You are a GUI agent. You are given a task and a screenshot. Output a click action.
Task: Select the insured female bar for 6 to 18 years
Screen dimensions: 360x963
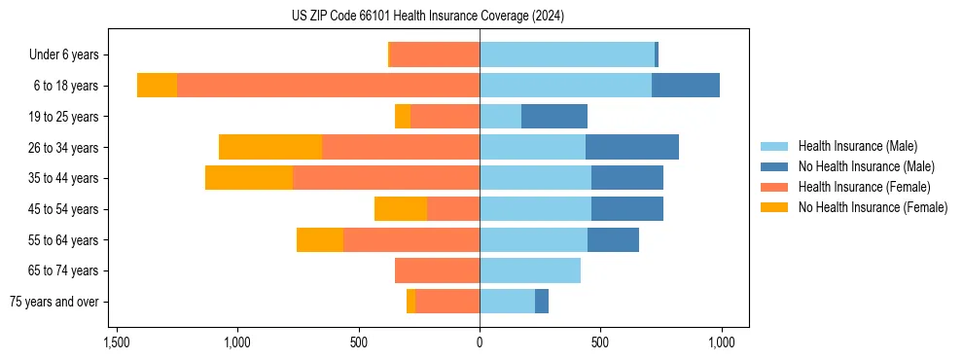coord(328,86)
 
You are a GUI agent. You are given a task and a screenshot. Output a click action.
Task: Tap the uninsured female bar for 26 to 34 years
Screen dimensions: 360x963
coord(270,147)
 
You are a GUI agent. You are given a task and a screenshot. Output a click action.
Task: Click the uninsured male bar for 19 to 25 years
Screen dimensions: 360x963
coord(554,117)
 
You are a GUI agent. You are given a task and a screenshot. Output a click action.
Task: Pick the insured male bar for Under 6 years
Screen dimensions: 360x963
coord(567,54)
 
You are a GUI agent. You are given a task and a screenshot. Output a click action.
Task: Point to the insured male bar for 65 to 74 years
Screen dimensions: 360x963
coord(530,270)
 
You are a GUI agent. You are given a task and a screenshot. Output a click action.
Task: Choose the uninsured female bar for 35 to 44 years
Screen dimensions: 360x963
coord(249,178)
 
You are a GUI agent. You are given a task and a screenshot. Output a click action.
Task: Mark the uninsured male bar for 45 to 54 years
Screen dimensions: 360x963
coord(627,209)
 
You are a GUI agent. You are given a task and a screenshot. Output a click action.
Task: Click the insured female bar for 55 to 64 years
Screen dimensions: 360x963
coord(411,239)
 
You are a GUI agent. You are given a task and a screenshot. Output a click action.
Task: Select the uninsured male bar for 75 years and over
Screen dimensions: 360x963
coord(542,302)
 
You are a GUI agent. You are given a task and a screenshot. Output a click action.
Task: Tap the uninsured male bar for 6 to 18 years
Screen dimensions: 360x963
coord(686,86)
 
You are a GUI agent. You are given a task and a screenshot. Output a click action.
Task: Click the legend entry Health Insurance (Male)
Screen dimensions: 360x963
coord(857,146)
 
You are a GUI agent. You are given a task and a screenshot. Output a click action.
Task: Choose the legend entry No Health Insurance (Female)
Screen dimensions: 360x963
coord(873,207)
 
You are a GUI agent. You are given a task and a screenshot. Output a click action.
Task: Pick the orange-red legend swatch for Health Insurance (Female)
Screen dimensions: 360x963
coord(775,187)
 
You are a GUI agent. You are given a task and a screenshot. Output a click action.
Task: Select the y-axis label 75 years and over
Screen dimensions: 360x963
coord(53,302)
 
